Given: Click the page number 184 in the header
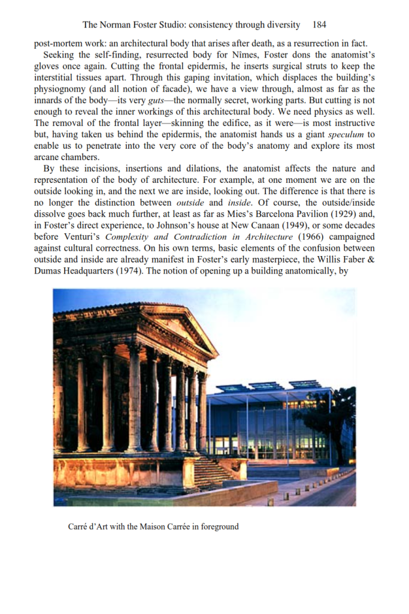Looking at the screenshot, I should click(319, 25).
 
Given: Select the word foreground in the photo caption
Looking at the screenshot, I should click(219, 527).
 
